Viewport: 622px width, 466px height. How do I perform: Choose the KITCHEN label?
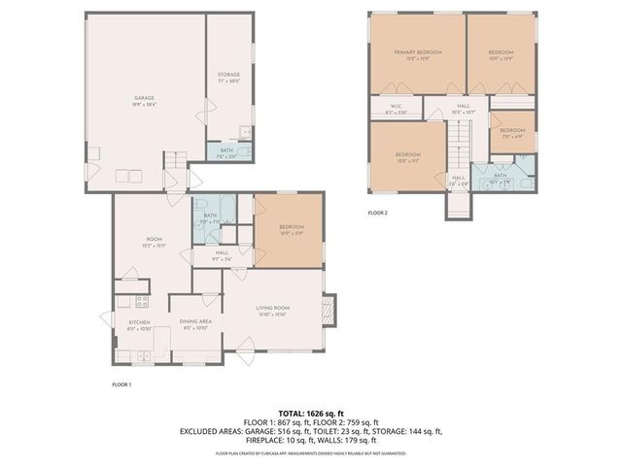click(x=139, y=325)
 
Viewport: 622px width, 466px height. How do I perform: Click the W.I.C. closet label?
click(x=396, y=109)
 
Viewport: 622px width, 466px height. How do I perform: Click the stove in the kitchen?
click(x=139, y=302)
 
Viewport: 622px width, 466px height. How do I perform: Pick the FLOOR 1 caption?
click(x=121, y=385)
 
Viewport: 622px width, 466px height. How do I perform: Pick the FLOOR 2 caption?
click(x=377, y=213)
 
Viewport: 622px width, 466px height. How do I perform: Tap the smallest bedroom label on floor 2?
click(x=512, y=132)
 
